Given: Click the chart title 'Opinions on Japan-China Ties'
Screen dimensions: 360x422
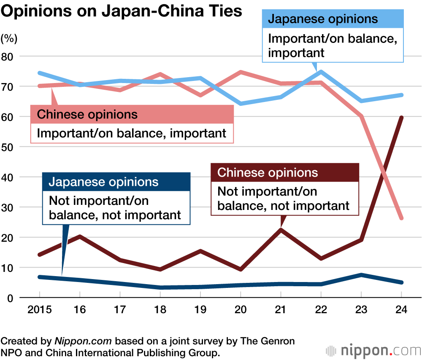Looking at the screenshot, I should point(122,11).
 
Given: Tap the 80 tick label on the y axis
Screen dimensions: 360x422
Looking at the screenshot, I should point(9,56).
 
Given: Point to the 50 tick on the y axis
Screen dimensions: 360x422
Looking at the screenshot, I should point(9,147).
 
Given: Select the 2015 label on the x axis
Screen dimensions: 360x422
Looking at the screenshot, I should point(39,310).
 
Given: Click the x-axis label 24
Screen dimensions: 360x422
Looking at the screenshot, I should point(401,310).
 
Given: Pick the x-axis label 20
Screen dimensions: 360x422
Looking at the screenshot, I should point(240,310).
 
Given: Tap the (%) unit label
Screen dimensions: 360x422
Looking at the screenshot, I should point(9,38).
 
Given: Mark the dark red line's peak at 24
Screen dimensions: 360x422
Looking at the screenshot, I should point(401,118).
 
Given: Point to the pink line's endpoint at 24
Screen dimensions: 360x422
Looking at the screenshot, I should point(401,218).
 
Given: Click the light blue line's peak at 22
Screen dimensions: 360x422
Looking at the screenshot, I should point(321,72).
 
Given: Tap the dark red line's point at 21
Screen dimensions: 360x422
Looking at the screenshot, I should point(281,230).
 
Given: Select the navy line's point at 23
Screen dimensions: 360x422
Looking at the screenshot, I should point(361,275).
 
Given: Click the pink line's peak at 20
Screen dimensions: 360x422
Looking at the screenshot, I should point(241,72).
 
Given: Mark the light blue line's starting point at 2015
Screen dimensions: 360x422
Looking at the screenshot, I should point(39,73).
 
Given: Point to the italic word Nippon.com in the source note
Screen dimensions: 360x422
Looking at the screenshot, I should point(83,341).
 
